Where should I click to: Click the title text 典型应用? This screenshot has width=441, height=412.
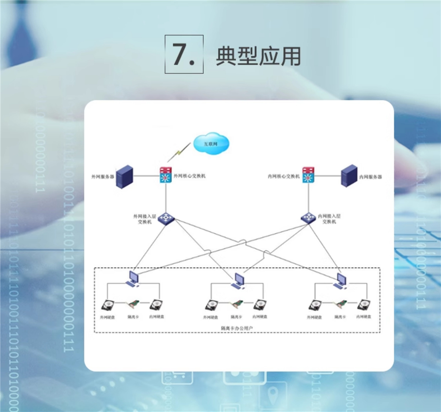258,56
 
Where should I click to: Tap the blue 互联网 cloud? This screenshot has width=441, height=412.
211,144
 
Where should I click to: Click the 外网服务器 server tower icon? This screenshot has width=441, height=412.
124,177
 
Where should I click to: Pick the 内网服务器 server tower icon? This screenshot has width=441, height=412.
349,176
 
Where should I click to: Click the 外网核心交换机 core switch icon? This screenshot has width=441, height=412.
166,175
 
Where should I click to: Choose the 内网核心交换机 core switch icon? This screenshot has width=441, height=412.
308,175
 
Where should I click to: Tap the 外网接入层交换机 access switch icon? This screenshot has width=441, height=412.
166,219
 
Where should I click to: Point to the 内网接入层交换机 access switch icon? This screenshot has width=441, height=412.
308,217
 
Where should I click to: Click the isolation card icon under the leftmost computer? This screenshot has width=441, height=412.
133,305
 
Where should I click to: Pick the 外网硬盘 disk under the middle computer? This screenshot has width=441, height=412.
211,306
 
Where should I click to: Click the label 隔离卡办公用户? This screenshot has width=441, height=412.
237,328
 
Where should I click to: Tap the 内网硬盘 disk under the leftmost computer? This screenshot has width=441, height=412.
156,305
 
